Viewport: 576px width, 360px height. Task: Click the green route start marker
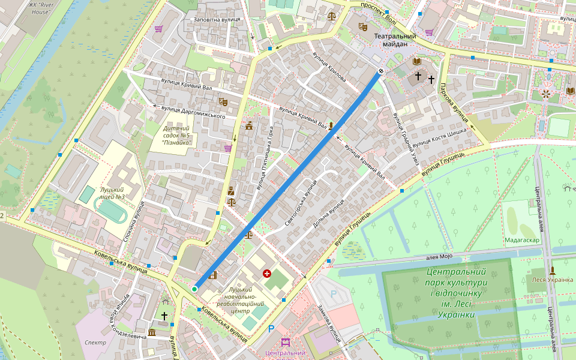coord(194,289)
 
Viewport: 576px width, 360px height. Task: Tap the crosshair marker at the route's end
coord(381,71)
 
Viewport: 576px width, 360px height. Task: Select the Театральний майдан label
coord(395,40)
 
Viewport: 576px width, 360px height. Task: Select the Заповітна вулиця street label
coord(217,19)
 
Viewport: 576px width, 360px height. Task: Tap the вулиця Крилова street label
coord(329,66)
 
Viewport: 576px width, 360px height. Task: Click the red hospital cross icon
coord(267,274)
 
